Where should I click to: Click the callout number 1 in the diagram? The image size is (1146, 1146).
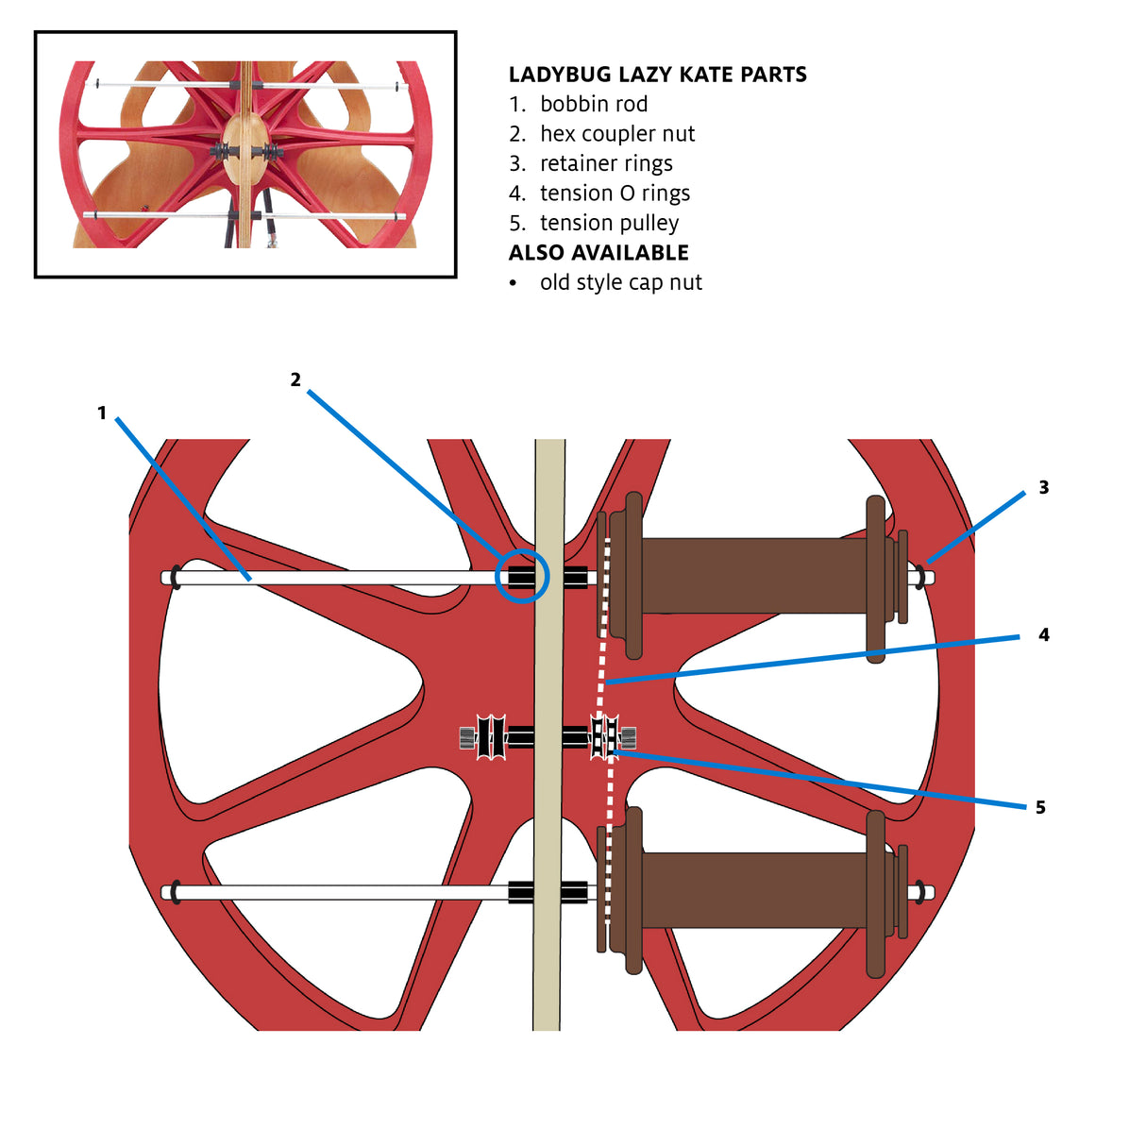point(102,413)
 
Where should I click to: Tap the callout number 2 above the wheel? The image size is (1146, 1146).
point(295,379)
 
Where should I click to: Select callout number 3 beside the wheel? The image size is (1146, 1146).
point(1044,487)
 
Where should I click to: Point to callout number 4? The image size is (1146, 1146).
point(1044,634)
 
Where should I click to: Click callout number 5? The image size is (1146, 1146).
point(1040,807)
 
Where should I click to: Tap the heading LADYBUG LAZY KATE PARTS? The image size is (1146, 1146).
point(657,75)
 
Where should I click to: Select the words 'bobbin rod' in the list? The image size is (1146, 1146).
point(594,104)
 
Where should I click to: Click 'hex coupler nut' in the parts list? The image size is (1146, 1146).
point(617,134)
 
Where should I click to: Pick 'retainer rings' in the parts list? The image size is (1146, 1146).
point(606,163)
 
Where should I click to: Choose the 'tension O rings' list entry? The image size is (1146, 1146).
point(615,194)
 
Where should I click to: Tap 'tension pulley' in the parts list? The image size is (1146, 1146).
point(609,223)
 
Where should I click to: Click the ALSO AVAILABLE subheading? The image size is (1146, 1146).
point(598,253)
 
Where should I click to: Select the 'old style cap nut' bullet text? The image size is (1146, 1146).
point(621,282)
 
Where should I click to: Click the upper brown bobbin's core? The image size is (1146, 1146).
point(754,576)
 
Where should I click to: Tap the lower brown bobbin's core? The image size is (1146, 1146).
point(754,890)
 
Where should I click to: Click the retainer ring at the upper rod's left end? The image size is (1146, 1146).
point(176,578)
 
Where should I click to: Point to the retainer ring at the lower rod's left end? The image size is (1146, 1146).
point(176,892)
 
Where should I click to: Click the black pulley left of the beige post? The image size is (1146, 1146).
point(491,737)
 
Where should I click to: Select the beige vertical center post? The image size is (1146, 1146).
point(548,734)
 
